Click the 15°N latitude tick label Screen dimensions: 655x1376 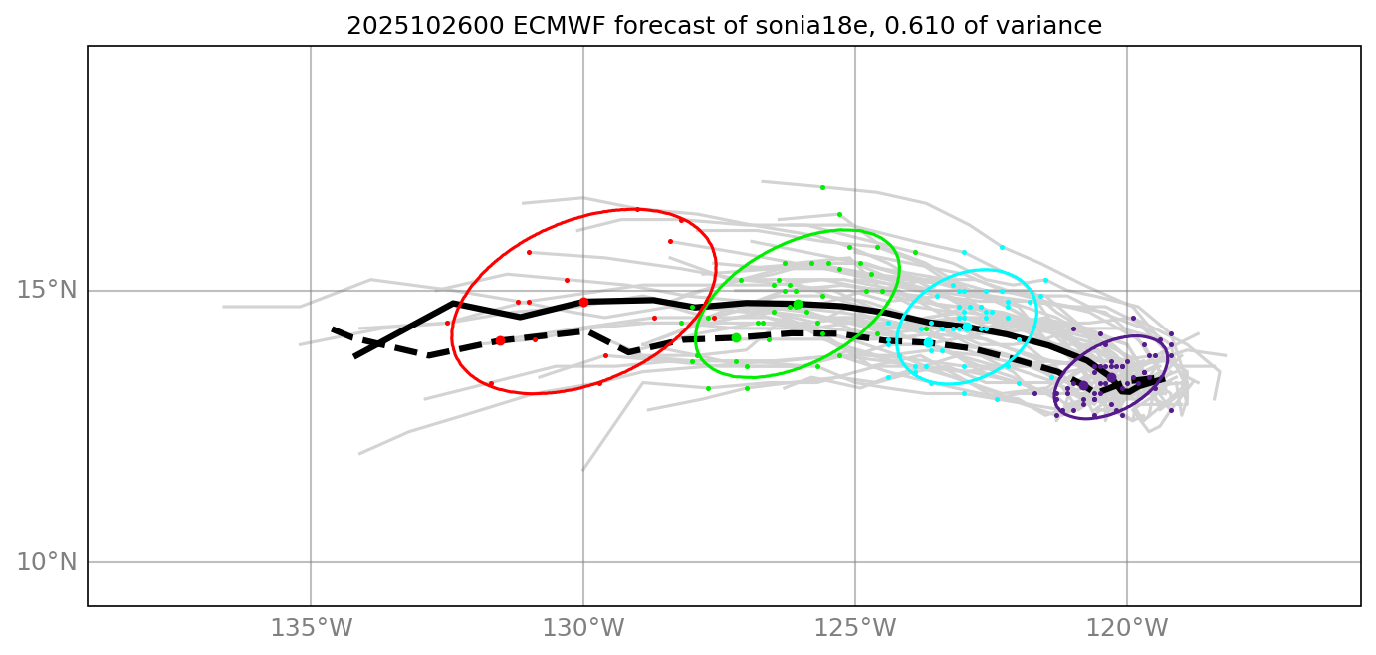47,291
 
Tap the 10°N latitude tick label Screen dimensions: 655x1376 47,562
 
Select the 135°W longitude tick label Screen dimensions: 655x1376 312,629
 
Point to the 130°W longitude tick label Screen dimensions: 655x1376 583,629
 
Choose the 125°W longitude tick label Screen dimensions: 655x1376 855,629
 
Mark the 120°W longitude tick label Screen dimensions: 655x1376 1127,629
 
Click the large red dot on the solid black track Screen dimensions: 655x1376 583,302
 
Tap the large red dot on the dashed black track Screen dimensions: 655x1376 500,340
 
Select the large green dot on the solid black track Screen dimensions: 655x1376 798,305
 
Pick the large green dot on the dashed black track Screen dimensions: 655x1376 736,337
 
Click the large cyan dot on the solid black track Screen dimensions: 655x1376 967,327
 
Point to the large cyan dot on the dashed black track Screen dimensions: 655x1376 928,342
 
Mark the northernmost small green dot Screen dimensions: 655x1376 822,187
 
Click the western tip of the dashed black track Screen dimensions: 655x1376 334,328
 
